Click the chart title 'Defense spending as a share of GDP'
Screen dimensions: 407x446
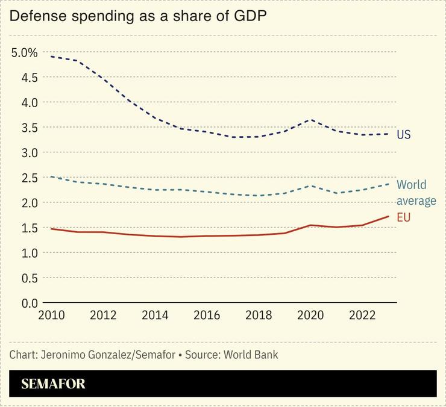(x=138, y=16)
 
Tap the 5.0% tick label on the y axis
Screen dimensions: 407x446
(x=24, y=52)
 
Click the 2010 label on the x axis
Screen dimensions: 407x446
(x=51, y=315)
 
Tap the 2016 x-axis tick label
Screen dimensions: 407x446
(x=207, y=315)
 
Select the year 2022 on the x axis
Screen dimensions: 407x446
(x=363, y=315)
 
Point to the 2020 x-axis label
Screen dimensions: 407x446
(x=310, y=315)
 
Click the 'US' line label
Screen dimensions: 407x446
(x=403, y=134)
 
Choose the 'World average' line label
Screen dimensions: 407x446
(x=416, y=193)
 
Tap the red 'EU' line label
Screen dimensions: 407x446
(x=403, y=217)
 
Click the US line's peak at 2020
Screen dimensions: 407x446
(x=310, y=120)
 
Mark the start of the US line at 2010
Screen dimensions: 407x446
(x=52, y=56)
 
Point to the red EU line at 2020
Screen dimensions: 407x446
(x=310, y=225)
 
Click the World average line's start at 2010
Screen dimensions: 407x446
(x=52, y=176)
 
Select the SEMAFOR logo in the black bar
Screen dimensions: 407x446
(x=53, y=384)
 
